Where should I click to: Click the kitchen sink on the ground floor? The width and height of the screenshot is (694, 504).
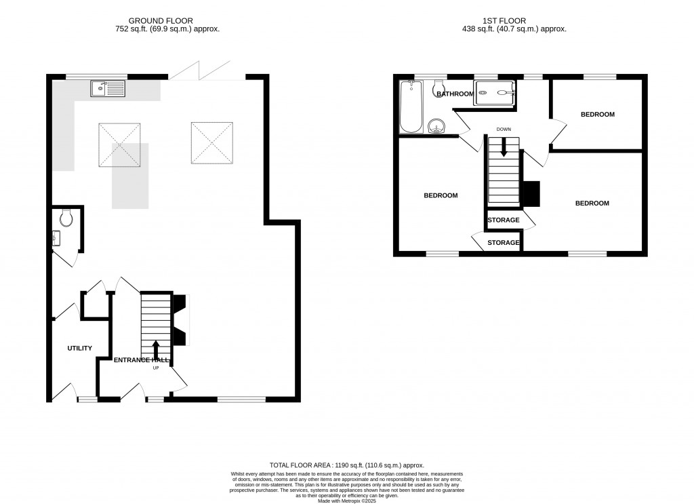point(108,88)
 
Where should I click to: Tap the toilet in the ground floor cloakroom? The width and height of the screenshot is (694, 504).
point(66,218)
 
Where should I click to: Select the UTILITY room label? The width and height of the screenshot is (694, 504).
point(79,348)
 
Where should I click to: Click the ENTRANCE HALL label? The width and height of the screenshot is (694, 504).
point(141,360)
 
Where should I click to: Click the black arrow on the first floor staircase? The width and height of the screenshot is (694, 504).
point(503,147)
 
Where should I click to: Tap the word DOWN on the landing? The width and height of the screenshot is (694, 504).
point(504,129)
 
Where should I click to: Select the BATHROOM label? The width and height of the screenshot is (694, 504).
point(455,94)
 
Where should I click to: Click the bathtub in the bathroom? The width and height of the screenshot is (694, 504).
point(411,107)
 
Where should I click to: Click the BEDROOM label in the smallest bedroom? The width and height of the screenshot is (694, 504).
point(597,115)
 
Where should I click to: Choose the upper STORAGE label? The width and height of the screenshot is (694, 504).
point(504,220)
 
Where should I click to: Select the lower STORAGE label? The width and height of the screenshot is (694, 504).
point(504,242)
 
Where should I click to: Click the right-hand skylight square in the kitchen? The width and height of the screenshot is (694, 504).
point(211,143)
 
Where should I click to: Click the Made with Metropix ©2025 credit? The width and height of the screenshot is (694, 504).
point(346,500)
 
